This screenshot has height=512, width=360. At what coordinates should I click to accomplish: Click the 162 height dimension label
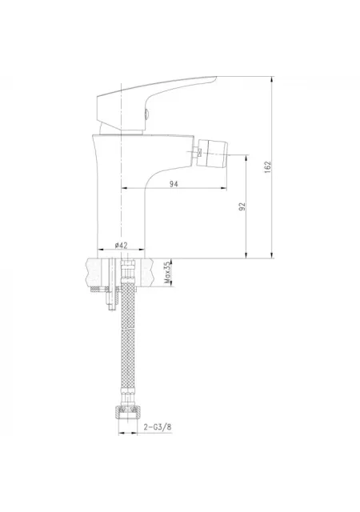(268, 167)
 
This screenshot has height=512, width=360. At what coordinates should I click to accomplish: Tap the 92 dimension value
(242, 206)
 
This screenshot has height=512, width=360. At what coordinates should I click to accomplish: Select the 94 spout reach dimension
(174, 184)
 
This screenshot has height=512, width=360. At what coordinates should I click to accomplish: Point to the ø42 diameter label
(121, 246)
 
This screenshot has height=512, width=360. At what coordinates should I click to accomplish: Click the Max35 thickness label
(167, 272)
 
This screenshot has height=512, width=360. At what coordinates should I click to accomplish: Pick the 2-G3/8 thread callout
(158, 426)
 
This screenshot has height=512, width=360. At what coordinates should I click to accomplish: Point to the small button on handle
(147, 114)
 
